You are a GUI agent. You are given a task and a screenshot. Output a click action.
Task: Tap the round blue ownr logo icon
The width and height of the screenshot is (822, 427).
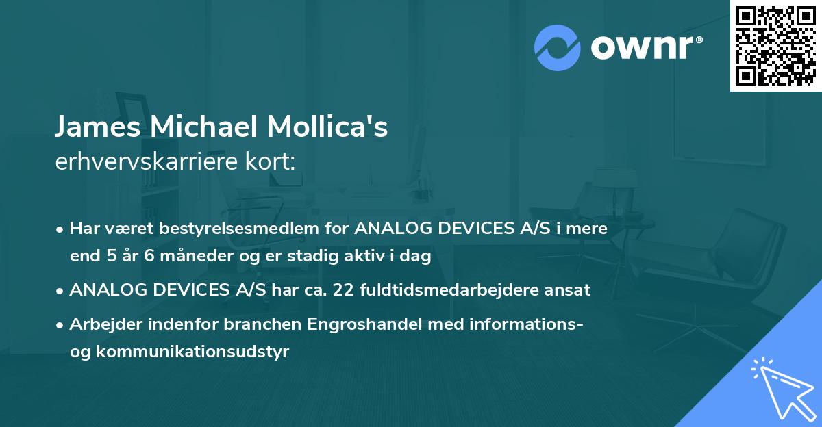pos(558,47)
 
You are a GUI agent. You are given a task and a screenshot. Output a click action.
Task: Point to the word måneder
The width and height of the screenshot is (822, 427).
pos(184,257)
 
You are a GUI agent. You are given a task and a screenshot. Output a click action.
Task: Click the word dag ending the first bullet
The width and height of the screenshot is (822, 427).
pos(417,257)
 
